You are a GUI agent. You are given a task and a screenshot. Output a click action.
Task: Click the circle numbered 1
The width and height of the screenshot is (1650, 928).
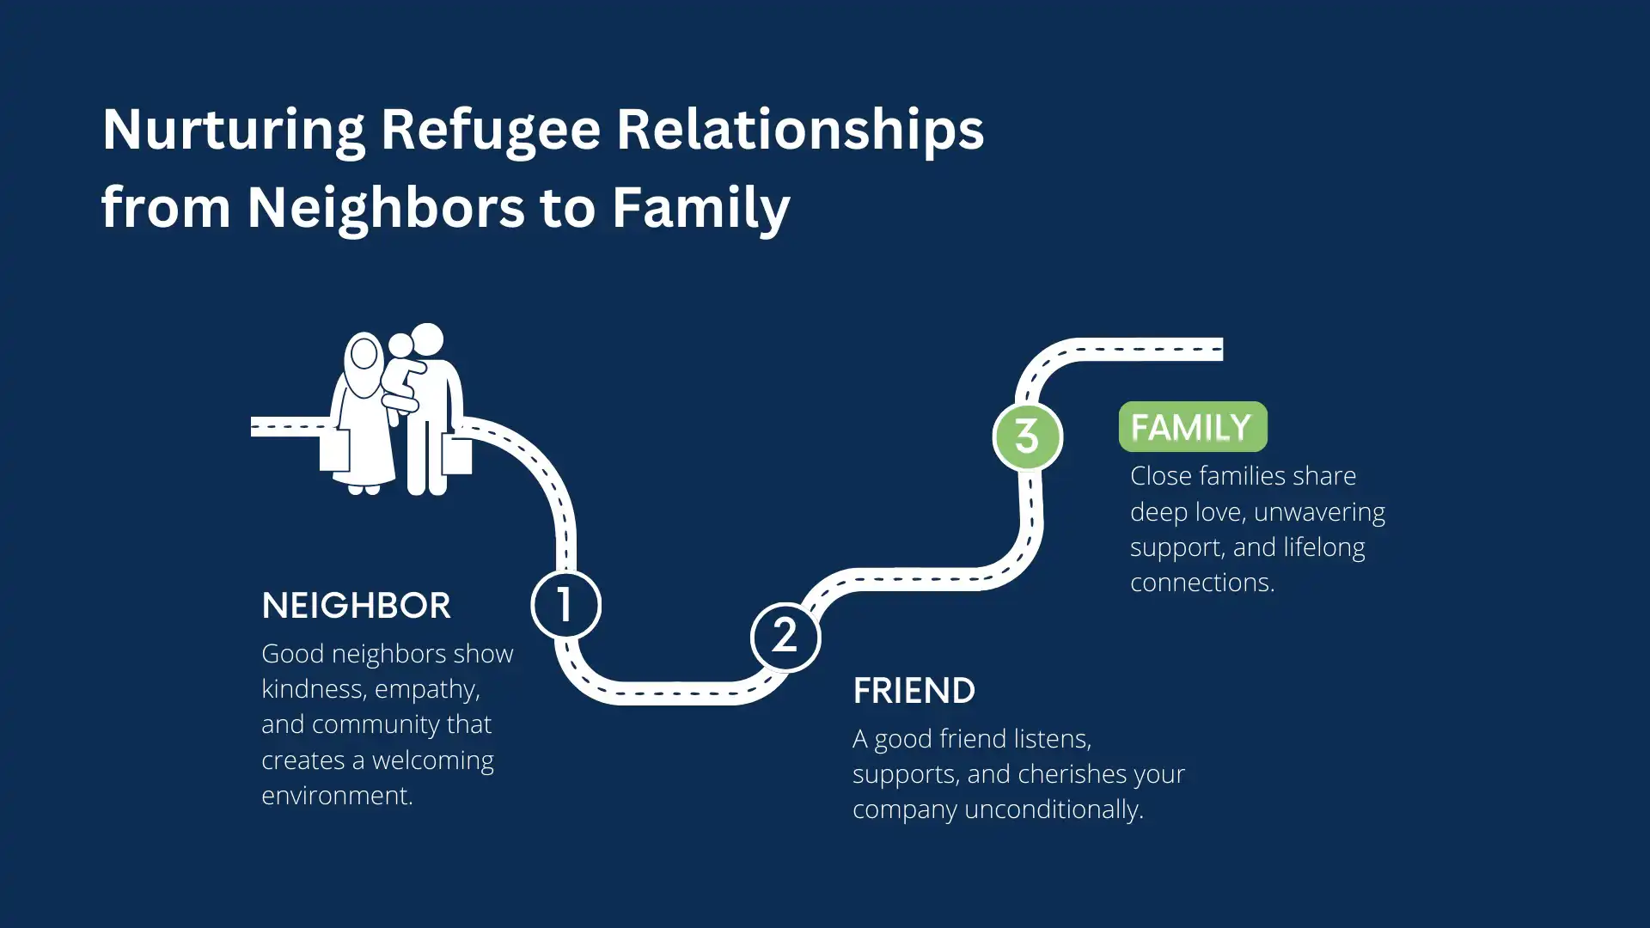(565, 605)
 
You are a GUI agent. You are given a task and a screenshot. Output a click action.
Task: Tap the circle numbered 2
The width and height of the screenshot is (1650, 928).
(785, 638)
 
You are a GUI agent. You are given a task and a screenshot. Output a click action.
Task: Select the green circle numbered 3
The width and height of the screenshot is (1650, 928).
(1027, 437)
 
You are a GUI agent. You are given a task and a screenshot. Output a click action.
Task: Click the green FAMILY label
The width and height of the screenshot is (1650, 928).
(1192, 427)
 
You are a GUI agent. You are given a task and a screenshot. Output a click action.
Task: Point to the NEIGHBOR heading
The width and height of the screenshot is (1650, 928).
(356, 606)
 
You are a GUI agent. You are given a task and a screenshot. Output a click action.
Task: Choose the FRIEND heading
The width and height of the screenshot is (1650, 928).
(914, 691)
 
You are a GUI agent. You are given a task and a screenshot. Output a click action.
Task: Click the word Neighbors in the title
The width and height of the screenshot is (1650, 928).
(386, 207)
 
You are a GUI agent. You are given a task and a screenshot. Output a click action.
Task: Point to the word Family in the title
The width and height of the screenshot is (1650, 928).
(700, 207)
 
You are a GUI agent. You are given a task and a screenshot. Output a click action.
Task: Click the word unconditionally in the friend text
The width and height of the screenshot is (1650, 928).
(1054, 809)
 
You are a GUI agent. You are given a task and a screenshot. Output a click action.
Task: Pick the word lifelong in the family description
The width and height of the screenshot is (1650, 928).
(1323, 547)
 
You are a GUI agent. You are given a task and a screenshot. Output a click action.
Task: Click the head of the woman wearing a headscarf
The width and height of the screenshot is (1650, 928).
(364, 354)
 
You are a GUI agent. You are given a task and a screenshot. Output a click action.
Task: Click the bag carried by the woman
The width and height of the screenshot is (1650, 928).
(334, 450)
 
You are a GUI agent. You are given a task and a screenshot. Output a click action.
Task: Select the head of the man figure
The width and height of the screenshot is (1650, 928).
(427, 339)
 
